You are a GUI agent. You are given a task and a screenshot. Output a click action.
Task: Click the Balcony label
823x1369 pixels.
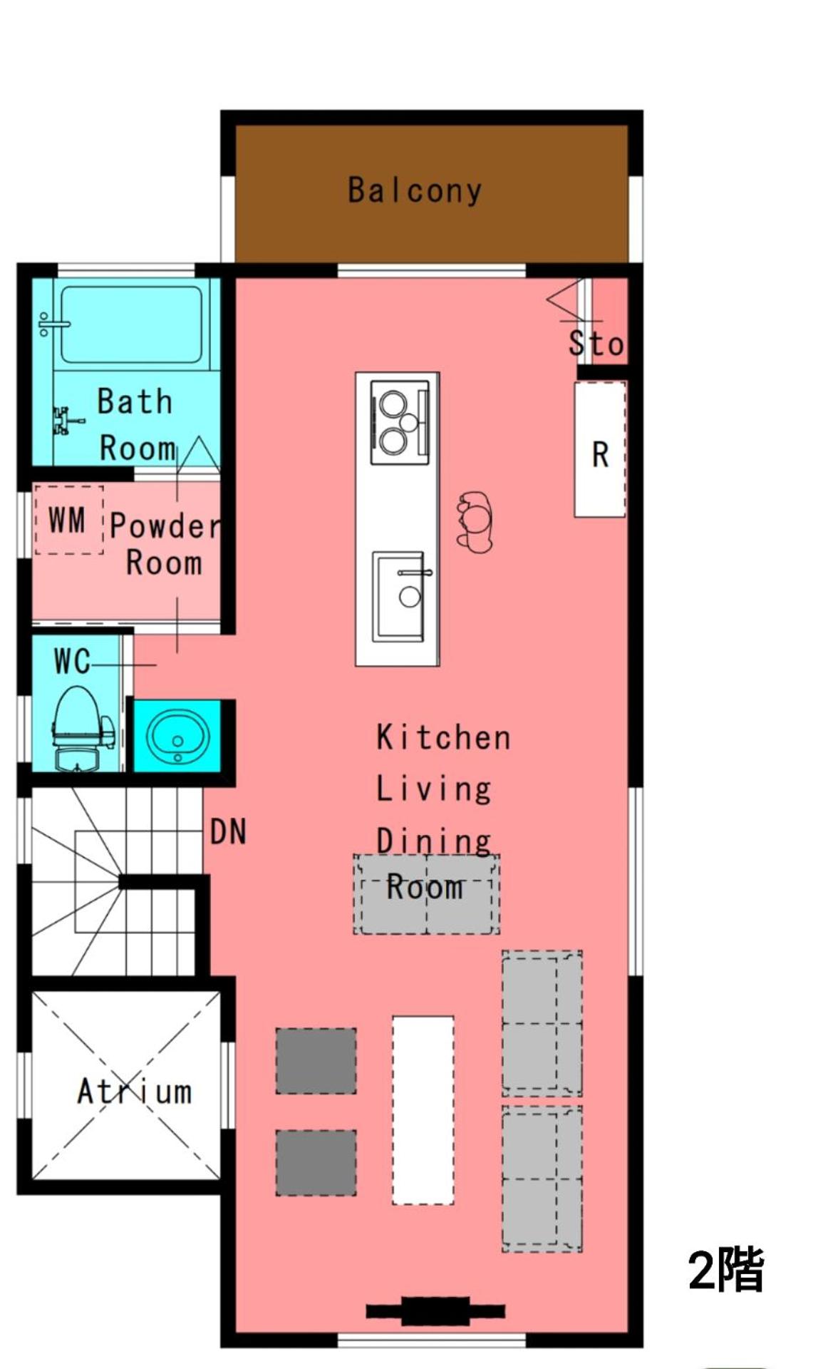[x=414, y=190]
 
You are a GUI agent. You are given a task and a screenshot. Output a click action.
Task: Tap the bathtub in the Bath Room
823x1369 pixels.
[x=130, y=324]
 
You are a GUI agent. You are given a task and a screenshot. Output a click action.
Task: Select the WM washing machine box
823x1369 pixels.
[x=68, y=520]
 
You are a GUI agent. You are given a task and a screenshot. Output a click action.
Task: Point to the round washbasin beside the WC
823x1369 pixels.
[x=177, y=736]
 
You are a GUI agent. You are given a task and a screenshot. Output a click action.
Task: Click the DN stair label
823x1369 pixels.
[x=228, y=831]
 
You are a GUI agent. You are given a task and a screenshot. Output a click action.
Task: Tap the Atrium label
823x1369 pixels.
[x=134, y=1092]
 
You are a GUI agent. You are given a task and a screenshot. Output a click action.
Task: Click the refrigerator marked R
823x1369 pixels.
[x=600, y=449]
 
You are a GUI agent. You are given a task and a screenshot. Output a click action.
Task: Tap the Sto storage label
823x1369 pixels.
[x=596, y=343]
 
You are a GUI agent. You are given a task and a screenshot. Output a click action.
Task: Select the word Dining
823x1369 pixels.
[x=433, y=842]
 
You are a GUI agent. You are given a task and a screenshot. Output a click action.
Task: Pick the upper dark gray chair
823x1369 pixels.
[x=316, y=1061]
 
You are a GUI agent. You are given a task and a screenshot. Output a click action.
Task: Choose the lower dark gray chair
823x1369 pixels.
[x=316, y=1162]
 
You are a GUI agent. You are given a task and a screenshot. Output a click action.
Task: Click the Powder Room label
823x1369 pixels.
[x=165, y=544]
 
